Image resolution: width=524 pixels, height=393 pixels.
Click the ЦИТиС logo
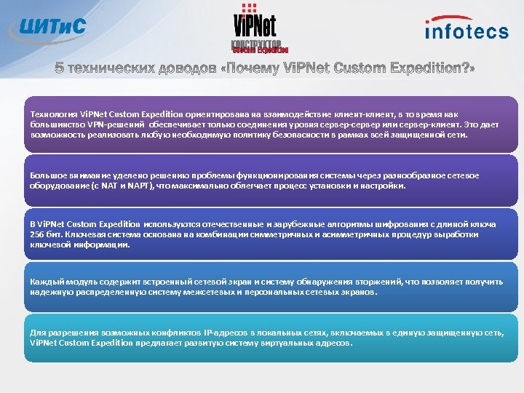[49, 28]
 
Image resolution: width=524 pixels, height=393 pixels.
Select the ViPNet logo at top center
[256, 29]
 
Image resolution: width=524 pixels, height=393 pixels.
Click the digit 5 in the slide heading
[60, 68]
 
